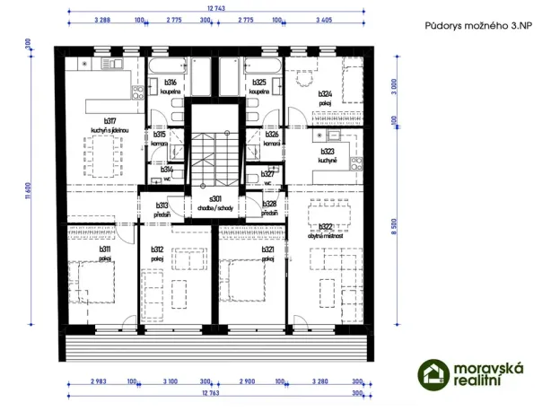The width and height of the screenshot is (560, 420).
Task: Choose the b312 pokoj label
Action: point(157,254)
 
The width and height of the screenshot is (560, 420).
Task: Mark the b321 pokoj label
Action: point(267,254)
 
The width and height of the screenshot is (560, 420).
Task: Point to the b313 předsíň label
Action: point(162,209)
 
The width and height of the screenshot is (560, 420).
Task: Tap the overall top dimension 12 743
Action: point(216,8)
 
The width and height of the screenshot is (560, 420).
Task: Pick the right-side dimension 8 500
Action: point(396,228)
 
